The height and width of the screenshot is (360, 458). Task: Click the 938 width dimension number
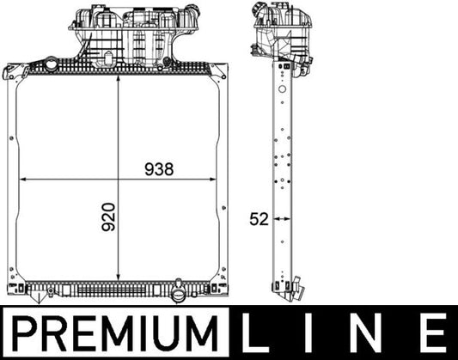click(x=159, y=169)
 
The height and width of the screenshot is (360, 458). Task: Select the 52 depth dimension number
click(x=259, y=219)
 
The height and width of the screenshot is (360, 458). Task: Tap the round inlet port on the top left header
click(x=52, y=64)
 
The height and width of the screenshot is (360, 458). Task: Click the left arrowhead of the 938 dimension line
click(x=23, y=180)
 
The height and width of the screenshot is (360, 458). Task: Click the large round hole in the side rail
click(x=280, y=75)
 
